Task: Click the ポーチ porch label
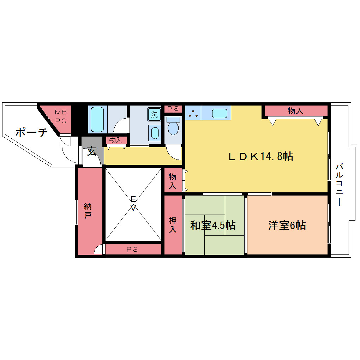(31, 132)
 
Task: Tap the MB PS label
(61, 116)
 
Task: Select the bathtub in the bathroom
(97, 119)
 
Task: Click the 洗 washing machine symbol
(154, 114)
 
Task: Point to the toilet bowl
(173, 126)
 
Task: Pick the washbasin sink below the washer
(155, 133)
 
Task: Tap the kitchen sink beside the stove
(220, 113)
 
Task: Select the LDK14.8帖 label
(261, 156)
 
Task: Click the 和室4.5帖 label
(213, 225)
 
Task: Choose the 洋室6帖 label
(287, 225)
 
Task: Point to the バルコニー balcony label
(339, 184)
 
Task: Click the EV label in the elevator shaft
(133, 203)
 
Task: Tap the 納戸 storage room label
(88, 211)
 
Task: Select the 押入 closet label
(173, 225)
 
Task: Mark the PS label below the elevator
(132, 249)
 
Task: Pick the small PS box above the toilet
(173, 109)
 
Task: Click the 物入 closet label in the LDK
(295, 111)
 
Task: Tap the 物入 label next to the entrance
(115, 140)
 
